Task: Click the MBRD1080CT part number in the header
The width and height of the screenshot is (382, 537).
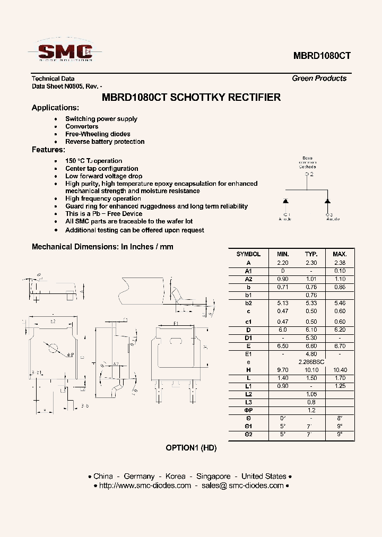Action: point(322,56)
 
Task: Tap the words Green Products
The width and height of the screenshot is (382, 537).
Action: point(319,79)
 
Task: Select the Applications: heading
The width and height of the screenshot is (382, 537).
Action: point(55,108)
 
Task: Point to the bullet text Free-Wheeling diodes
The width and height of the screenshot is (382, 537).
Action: point(98,134)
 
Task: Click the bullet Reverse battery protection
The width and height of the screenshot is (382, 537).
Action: point(105,142)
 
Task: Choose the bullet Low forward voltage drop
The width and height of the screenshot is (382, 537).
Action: point(103,176)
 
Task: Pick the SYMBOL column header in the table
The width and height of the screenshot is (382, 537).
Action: point(248,254)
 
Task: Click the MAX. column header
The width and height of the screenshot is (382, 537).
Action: point(340,254)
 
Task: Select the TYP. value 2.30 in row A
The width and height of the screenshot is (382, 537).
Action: point(311,263)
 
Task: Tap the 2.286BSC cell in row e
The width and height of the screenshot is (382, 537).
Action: point(311,361)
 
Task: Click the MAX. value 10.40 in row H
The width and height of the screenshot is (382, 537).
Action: point(340,370)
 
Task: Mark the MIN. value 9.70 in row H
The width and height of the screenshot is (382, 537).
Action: point(283,370)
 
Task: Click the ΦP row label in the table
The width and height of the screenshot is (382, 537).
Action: point(248,411)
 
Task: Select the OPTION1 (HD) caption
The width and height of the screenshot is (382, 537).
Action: point(191,448)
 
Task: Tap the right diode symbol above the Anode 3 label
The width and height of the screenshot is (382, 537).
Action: point(327,201)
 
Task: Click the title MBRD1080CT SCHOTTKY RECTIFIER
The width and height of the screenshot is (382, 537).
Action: point(191,98)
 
